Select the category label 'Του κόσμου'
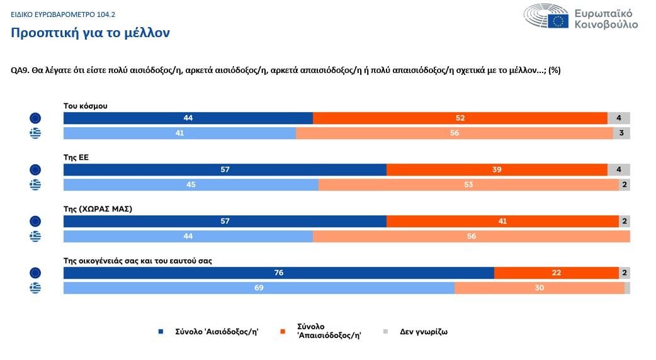(86, 106)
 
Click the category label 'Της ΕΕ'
(76, 157)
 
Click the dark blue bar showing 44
(188, 118)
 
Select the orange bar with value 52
(460, 118)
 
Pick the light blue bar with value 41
(180, 133)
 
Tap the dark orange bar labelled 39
(497, 170)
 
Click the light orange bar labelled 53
(468, 184)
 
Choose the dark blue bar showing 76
(279, 273)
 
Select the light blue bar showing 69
(259, 288)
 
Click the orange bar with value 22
(557, 273)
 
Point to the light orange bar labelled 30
(539, 288)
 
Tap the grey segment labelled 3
(621, 133)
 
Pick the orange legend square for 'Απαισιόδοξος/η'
(283, 332)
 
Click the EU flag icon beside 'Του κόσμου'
(35, 118)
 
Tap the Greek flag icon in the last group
(35, 288)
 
